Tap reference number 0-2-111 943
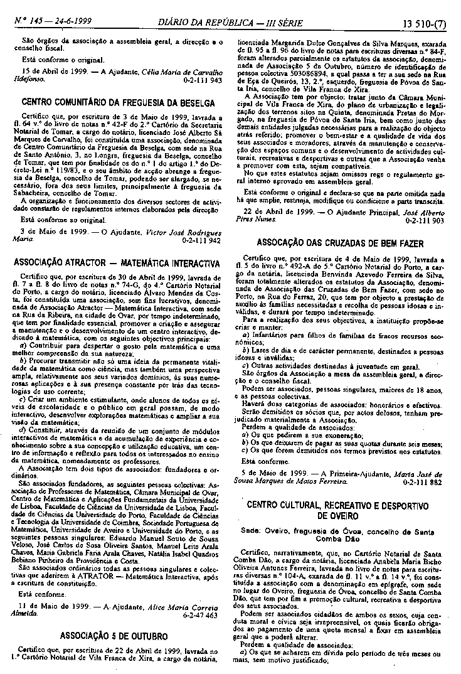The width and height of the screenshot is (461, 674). click(x=201, y=81)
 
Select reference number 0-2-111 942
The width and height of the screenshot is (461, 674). click(x=201, y=240)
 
